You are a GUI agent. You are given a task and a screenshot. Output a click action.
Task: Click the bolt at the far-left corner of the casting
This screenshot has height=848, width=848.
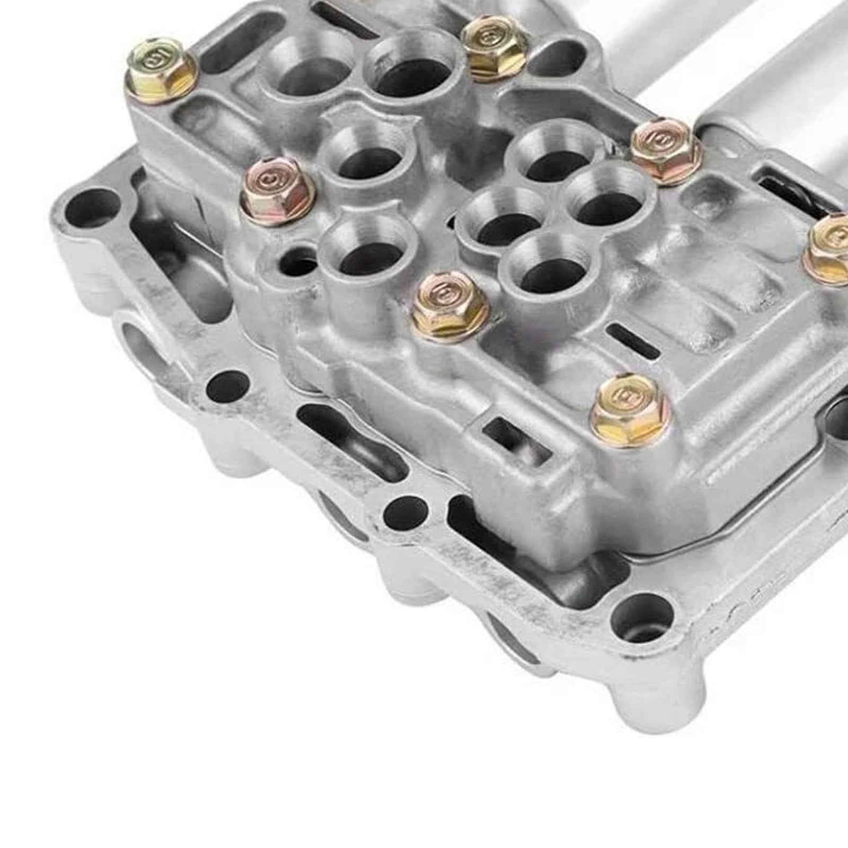[161, 69]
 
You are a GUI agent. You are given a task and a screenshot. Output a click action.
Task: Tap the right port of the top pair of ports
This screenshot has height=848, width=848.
[409, 72]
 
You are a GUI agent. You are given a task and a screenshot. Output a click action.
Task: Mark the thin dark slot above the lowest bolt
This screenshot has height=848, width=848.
[634, 340]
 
